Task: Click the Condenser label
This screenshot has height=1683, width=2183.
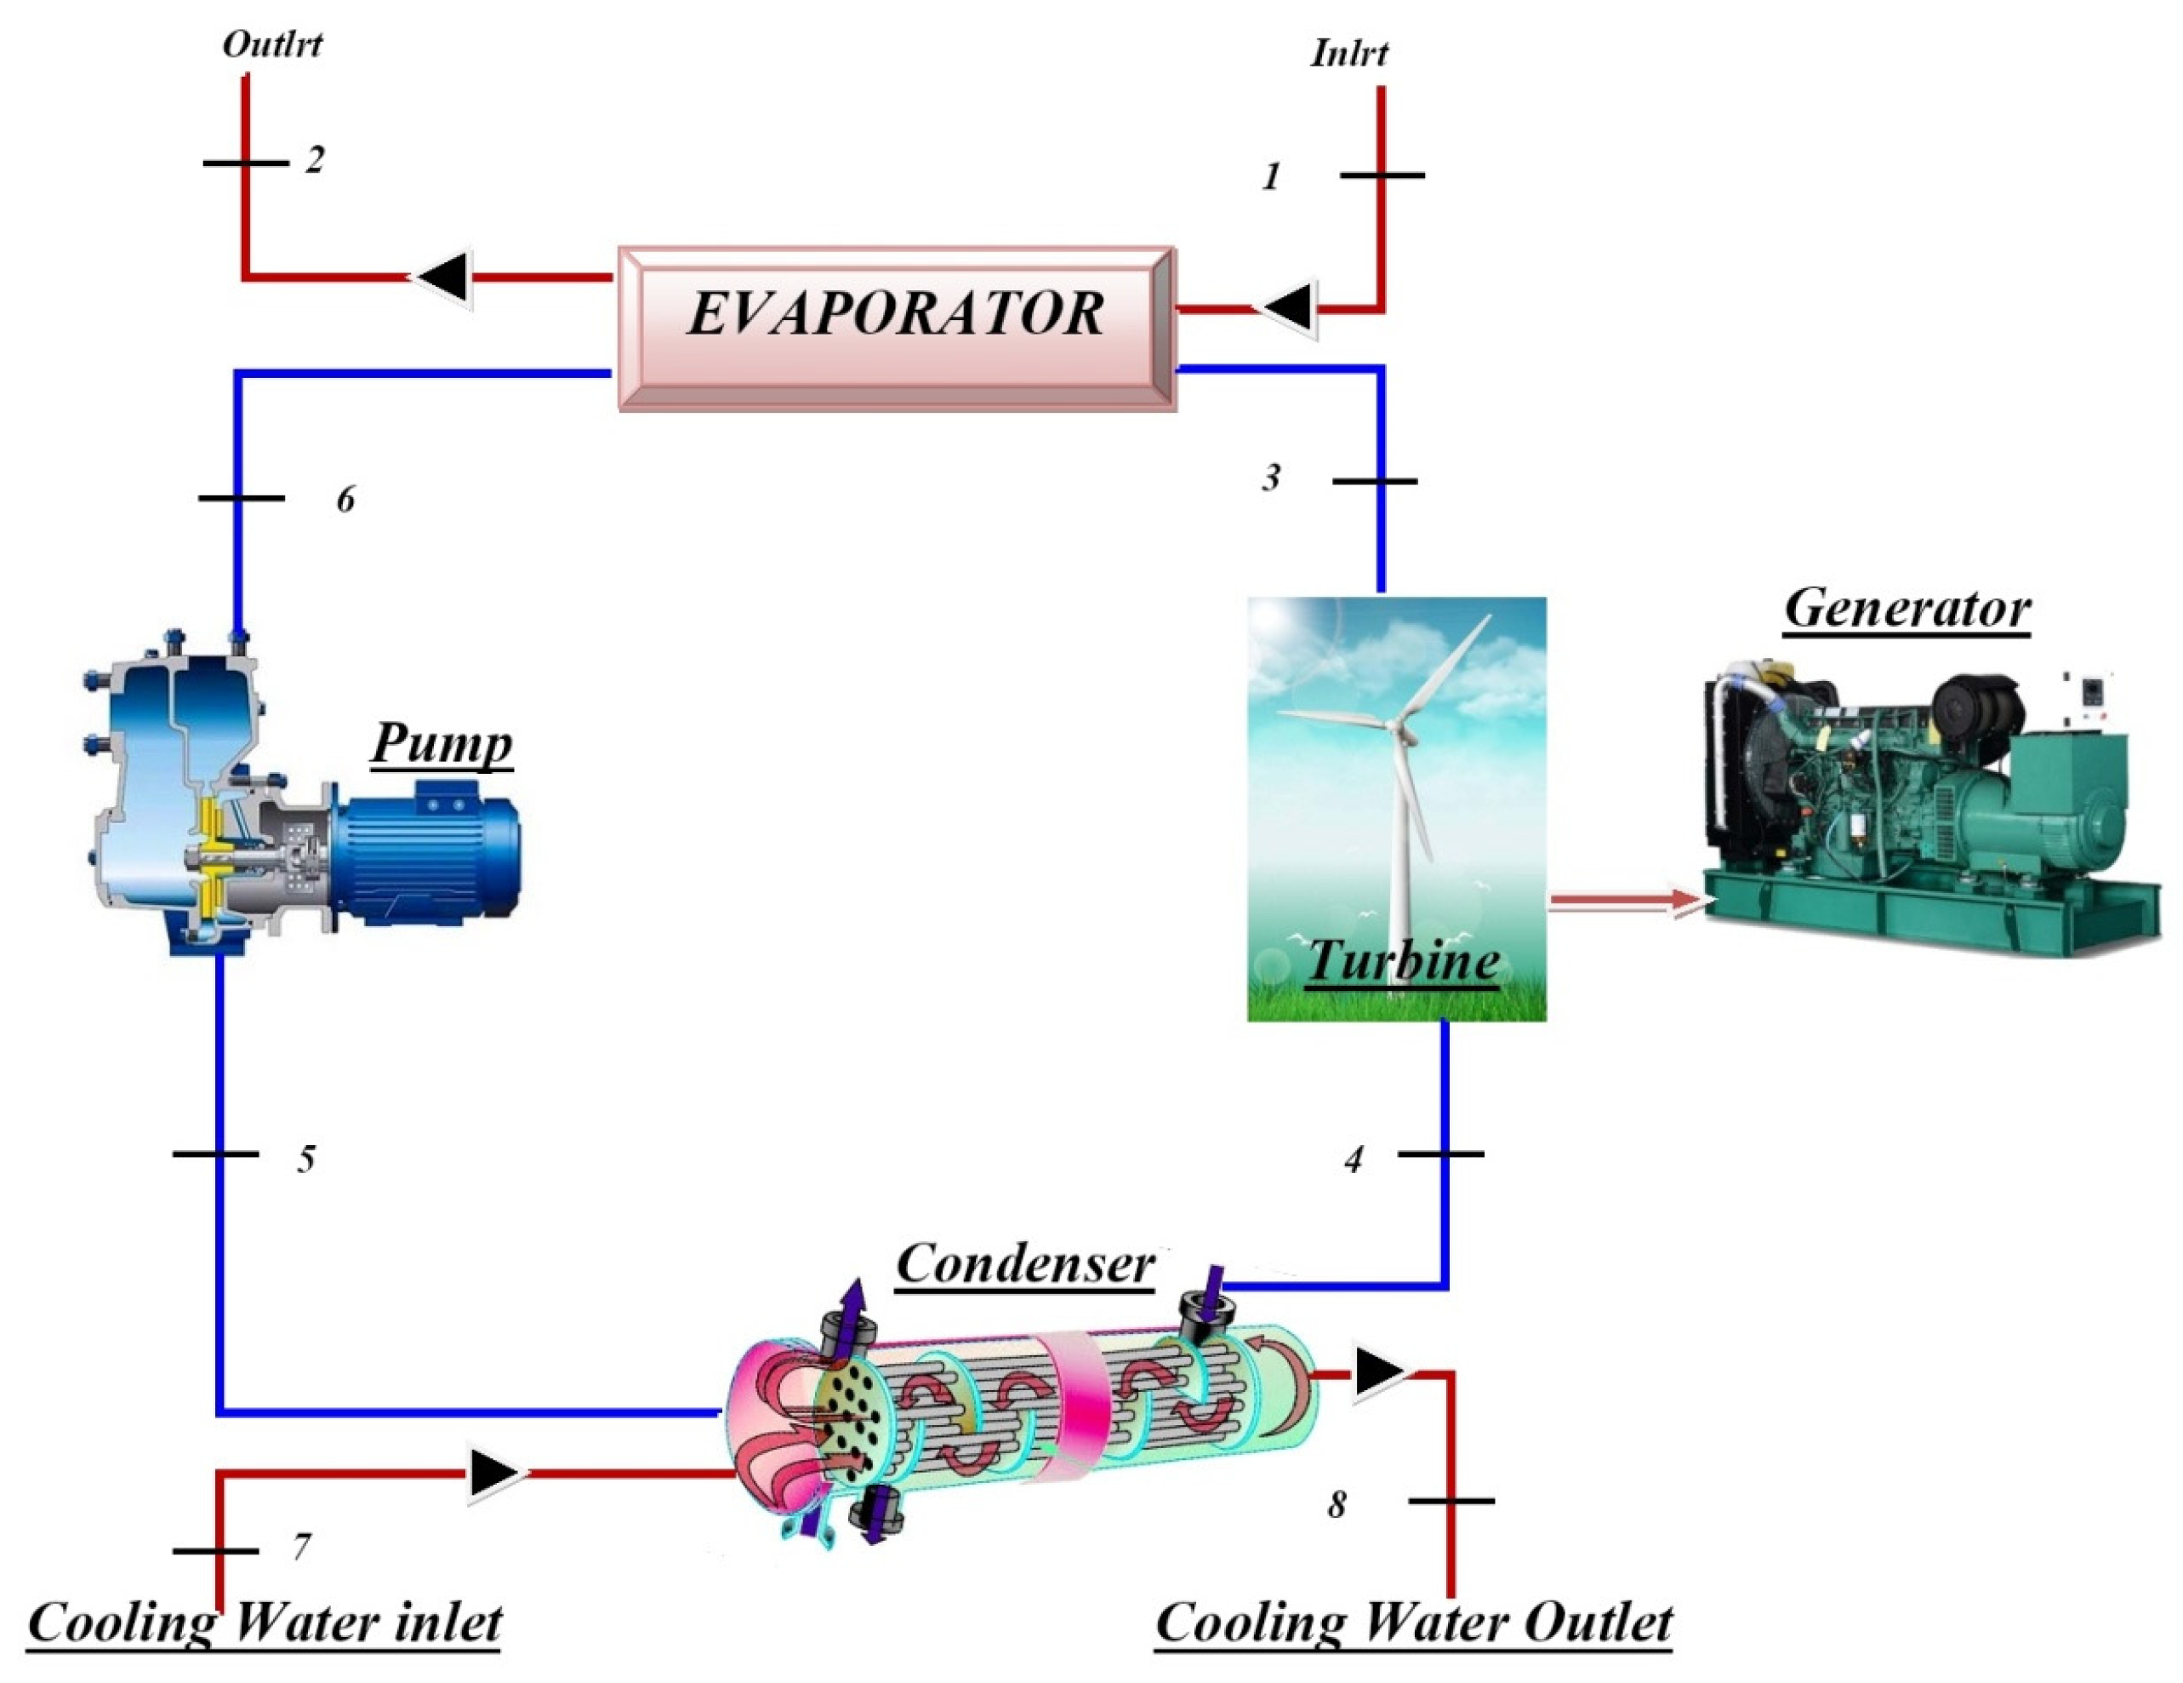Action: [1024, 1263]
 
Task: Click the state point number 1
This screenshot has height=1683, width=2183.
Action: [1270, 177]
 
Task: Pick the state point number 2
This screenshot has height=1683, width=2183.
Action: [315, 159]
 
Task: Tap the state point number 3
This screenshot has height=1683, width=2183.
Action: [1270, 478]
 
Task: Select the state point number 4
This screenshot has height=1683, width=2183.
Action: [1354, 1159]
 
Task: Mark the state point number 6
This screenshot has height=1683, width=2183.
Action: [345, 499]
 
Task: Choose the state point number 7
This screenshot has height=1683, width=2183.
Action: [301, 1546]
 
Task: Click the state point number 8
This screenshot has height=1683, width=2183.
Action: [1337, 1504]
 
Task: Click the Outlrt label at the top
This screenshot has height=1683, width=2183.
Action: [272, 44]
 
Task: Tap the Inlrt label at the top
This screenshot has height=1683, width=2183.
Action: [1348, 53]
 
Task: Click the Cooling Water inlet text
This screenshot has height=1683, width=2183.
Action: [264, 1621]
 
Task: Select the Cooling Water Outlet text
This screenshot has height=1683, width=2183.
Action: [1413, 1621]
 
